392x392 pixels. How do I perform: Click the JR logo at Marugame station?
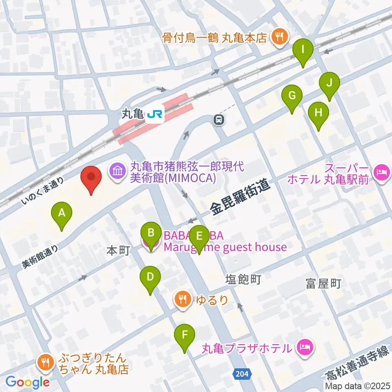155,115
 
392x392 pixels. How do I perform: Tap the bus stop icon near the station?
219,120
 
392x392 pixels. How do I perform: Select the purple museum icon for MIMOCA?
117,171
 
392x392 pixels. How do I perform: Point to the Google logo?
28,382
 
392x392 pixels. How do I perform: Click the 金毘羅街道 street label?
241,198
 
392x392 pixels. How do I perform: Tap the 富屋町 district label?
323,284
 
